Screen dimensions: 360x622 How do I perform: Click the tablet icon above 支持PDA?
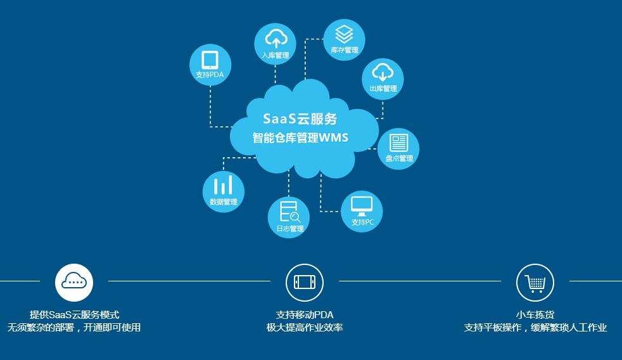pos(210,60)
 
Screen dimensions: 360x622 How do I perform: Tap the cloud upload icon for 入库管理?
pos(276,37)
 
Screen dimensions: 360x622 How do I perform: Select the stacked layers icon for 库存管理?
pos(344,33)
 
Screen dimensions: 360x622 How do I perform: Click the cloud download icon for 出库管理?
pos(383,72)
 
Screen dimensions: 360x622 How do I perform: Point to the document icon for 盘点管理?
pos(398,142)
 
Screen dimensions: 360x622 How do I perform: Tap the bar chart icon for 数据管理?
pos(223,186)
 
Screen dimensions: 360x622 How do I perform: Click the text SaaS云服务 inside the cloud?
pos(300,119)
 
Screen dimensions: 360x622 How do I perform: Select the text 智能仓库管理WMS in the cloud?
pos(300,138)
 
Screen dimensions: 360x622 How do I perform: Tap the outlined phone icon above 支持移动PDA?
pos(305,282)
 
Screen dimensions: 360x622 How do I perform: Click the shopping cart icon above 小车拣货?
pos(535,282)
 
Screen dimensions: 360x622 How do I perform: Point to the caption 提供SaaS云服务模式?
pos(74,314)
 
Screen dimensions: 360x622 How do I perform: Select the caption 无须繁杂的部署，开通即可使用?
pos(74,328)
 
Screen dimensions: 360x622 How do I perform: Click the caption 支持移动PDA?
pos(305,314)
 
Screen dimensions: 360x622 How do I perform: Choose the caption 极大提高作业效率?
pos(305,328)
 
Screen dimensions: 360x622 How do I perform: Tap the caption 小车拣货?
pos(535,314)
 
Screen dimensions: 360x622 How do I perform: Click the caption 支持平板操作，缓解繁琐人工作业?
pos(535,328)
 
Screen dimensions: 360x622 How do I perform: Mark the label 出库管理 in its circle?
pos(383,89)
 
